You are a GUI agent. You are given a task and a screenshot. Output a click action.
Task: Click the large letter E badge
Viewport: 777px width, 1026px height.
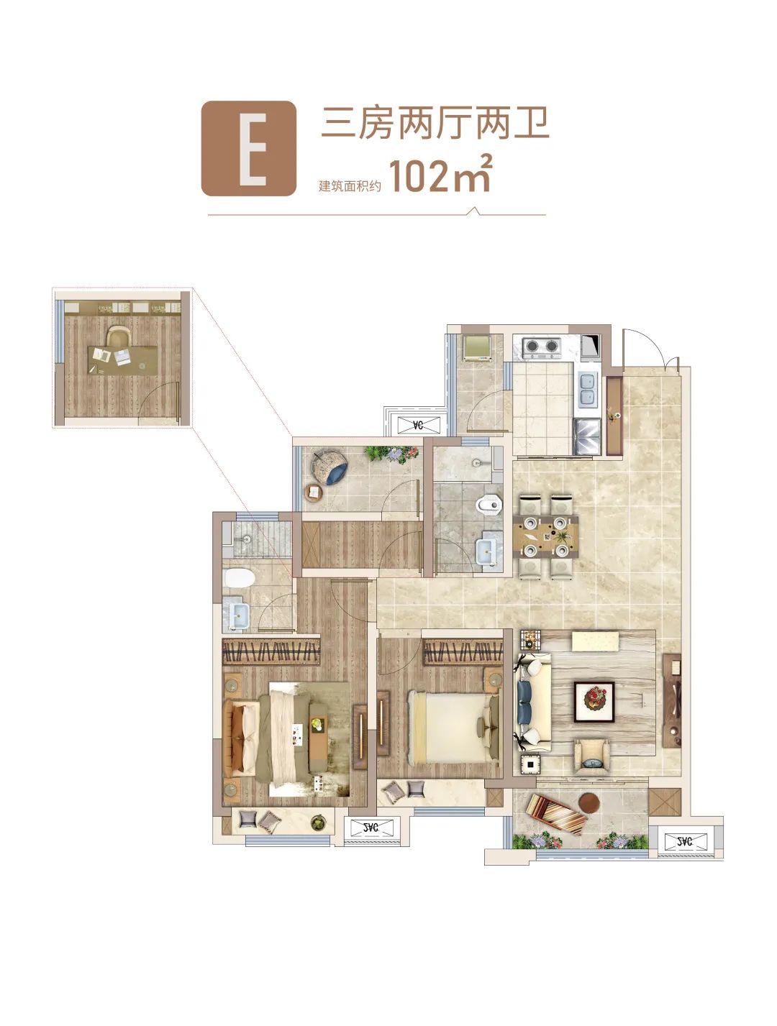click(x=249, y=148)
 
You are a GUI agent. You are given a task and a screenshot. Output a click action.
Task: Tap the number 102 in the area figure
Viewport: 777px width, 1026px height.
click(x=417, y=177)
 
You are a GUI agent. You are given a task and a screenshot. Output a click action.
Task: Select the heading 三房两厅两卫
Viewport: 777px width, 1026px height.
click(x=435, y=124)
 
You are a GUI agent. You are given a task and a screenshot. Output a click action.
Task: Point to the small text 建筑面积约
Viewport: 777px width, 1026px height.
click(x=350, y=185)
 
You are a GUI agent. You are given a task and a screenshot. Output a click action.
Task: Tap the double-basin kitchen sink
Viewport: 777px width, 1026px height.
click(x=588, y=389)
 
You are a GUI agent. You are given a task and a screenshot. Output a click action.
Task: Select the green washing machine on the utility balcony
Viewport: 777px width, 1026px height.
click(x=476, y=347)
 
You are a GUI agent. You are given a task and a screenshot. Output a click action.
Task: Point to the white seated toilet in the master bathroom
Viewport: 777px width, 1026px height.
click(x=239, y=578)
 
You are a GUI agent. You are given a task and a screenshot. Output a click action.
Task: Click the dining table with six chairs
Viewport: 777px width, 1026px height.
click(x=545, y=536)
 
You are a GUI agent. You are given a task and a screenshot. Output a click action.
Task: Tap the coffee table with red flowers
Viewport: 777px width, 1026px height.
click(x=594, y=702)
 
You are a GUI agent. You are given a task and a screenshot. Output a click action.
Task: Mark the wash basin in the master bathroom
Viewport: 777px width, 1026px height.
click(x=239, y=615)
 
